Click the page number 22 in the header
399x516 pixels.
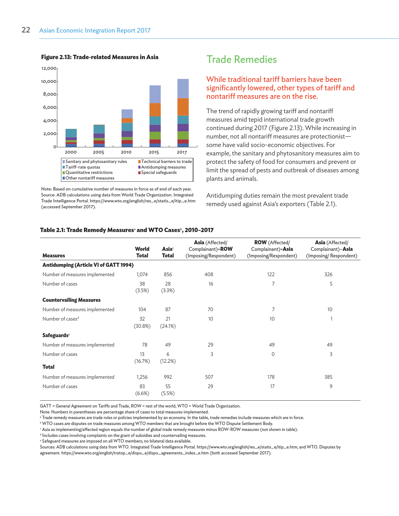[26, 30]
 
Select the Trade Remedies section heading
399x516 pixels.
[241, 59]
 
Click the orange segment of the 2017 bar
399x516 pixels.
[183, 107]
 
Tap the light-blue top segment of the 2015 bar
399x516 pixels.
[155, 94]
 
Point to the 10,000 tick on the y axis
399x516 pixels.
[49, 82]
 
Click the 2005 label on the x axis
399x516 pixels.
[98, 152]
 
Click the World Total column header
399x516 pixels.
[142, 252]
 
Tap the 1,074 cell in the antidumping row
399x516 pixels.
[142, 274]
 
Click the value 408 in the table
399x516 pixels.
[209, 274]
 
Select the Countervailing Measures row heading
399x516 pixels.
[71, 300]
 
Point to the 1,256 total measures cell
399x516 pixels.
[142, 377]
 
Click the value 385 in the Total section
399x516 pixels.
[328, 377]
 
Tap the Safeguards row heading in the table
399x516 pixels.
[55, 335]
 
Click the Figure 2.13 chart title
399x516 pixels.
[100, 57]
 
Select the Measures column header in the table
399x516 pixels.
[54, 255]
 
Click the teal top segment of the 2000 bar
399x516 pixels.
[71, 133]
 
